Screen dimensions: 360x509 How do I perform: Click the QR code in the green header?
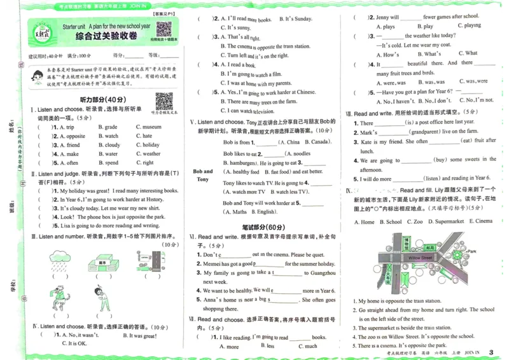click(x=164, y=29)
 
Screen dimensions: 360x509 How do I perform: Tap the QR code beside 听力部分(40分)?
click(x=164, y=100)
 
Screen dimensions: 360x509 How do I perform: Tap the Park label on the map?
click(x=471, y=252)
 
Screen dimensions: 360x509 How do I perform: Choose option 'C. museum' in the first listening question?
click(x=148, y=127)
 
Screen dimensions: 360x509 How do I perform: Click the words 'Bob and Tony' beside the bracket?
click(x=203, y=175)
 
